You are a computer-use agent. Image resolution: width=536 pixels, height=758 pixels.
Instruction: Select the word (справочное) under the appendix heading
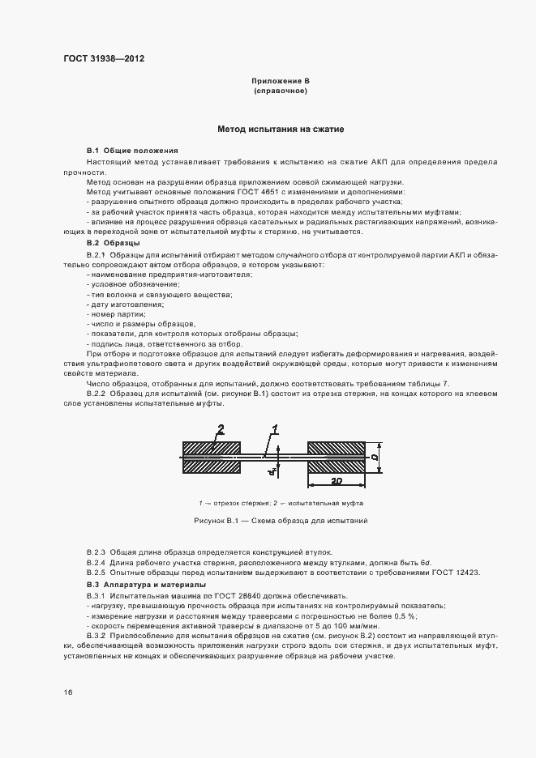[x=280, y=92]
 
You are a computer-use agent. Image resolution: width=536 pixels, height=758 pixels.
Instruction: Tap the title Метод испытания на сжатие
[x=281, y=129]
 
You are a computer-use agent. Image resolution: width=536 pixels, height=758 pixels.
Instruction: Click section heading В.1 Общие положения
[x=132, y=151]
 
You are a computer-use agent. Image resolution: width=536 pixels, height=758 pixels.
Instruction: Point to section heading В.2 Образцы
[x=114, y=243]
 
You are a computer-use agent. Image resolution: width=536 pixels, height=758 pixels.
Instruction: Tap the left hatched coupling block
[x=212, y=458]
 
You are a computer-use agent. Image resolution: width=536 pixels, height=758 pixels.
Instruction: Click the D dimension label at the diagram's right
[x=375, y=458]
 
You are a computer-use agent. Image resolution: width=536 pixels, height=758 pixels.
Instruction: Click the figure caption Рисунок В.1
[x=280, y=521]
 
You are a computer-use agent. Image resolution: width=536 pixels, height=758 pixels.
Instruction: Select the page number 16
[x=67, y=692]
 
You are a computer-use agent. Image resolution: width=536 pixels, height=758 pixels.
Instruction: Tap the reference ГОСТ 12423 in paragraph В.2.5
[x=454, y=573]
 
